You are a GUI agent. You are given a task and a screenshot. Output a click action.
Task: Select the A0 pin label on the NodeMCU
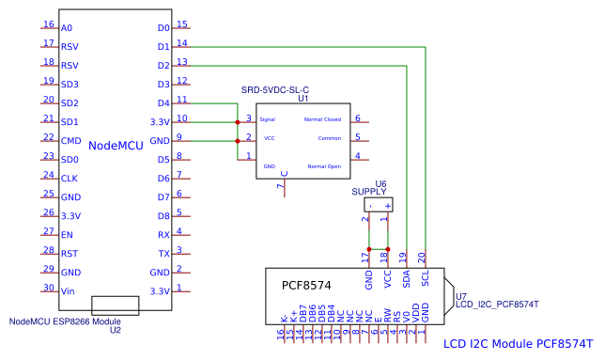click(x=66, y=28)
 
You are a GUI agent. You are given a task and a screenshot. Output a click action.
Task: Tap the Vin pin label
click(x=67, y=291)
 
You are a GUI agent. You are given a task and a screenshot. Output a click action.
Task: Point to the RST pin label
click(x=69, y=254)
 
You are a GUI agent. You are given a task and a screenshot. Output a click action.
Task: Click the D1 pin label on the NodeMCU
click(x=163, y=46)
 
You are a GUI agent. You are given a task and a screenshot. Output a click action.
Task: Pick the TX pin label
click(x=163, y=254)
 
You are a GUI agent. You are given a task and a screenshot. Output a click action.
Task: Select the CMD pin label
click(x=70, y=140)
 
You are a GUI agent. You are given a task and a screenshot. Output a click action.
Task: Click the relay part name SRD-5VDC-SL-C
click(x=275, y=89)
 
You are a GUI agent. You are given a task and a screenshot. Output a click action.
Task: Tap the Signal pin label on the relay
click(x=268, y=120)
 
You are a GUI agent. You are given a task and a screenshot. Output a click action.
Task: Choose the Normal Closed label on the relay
click(x=322, y=120)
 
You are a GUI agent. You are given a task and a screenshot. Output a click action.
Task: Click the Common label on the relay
click(x=329, y=138)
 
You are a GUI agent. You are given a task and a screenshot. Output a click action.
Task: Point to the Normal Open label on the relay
click(x=323, y=165)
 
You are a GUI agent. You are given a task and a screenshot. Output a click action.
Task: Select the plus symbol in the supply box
click(x=387, y=204)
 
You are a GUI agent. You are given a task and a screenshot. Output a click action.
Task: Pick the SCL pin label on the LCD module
click(x=426, y=278)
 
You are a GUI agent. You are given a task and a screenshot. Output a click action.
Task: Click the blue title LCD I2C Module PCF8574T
click(x=517, y=344)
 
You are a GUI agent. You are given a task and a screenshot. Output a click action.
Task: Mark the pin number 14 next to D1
click(x=182, y=42)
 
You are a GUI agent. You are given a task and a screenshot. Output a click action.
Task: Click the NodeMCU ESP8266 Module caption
click(x=66, y=321)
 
